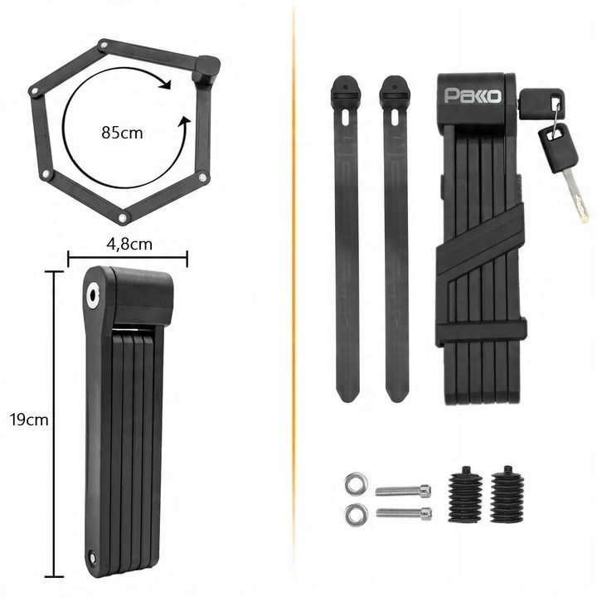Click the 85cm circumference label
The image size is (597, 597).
tap(121, 131)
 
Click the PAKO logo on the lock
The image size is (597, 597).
tap(473, 97)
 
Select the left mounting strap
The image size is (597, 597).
tap(347, 240)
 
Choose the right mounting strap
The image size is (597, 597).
tap(395, 240)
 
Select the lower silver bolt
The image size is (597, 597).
tap(404, 513)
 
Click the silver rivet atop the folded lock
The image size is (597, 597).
tap(90, 295)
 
